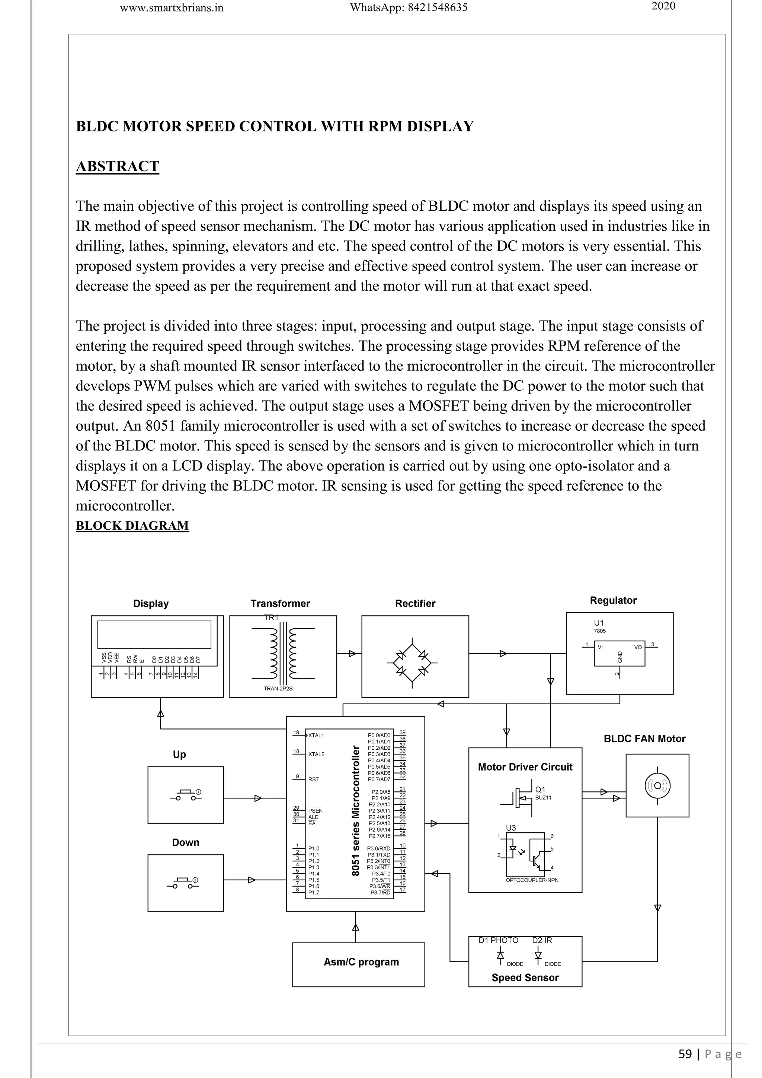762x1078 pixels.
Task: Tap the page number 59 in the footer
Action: [x=685, y=1054]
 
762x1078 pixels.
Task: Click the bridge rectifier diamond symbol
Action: [x=412, y=663]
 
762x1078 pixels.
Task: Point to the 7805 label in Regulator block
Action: [x=600, y=631]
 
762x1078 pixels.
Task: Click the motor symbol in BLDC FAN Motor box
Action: [x=657, y=786]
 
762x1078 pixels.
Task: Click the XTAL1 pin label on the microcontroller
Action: [x=316, y=735]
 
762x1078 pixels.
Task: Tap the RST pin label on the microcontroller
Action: [x=313, y=779]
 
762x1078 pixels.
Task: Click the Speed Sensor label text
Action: [x=525, y=977]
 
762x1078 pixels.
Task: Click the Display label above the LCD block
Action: [x=151, y=603]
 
